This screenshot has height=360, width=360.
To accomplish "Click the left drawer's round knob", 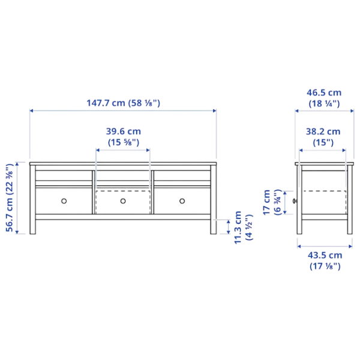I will (63, 201).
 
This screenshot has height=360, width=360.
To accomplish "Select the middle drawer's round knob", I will (123, 201).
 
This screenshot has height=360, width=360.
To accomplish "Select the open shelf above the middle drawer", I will (123, 175).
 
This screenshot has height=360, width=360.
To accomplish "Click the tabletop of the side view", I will (323, 161).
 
